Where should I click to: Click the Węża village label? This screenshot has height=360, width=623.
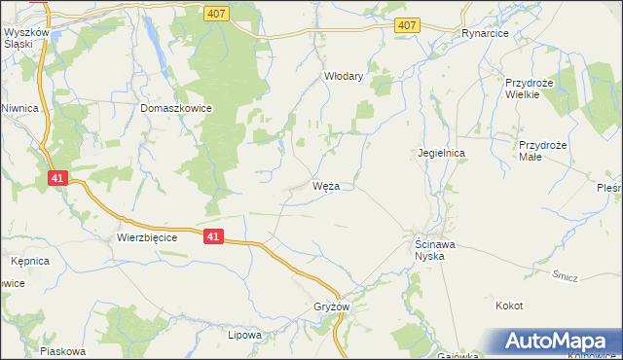(x=325, y=186)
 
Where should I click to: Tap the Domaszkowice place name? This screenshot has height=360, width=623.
(x=176, y=109)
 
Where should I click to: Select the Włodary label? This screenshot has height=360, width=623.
(x=343, y=76)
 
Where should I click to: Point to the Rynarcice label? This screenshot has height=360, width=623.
(x=487, y=32)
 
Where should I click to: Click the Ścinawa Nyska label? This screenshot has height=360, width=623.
(x=429, y=249)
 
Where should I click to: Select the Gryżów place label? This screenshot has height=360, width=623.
(x=331, y=306)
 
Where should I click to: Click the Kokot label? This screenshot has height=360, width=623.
(x=509, y=306)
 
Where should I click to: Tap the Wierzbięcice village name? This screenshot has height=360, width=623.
(x=146, y=236)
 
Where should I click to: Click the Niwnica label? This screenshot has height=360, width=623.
(x=18, y=108)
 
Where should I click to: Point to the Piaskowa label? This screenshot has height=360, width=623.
(x=63, y=351)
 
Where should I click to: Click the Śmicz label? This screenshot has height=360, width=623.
(x=566, y=276)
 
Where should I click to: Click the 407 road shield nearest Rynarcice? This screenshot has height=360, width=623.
(x=409, y=26)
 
